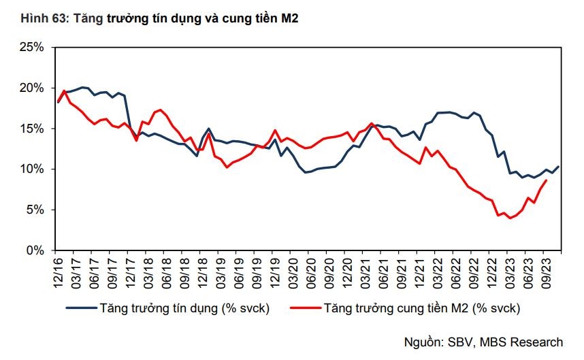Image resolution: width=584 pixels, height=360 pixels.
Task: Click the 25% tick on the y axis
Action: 32,48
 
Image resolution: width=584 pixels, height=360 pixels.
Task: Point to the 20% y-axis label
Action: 32,88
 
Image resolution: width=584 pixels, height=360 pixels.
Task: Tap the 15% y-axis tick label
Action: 32,129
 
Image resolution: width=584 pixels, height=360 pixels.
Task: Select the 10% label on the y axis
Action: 32,169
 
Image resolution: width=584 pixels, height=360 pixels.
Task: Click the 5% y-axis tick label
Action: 35,210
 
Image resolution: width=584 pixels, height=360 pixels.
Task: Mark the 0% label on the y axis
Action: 35,250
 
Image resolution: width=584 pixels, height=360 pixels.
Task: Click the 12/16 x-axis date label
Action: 57,269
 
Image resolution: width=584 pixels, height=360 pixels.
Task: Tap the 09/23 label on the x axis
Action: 545,269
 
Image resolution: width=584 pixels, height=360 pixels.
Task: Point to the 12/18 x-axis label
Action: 202,269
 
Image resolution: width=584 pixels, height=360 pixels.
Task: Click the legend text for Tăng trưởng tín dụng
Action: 184,308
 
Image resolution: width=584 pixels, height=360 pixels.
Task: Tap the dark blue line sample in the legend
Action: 80,308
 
